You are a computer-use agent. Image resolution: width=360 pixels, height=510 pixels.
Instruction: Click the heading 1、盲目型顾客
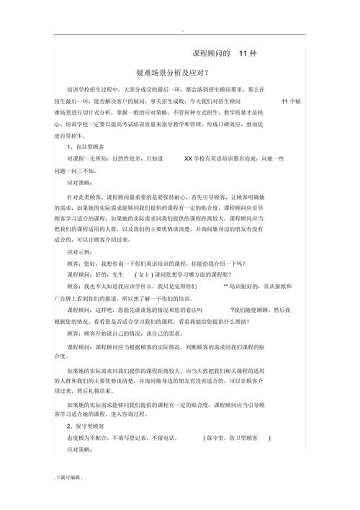pyautogui.click(x=88, y=146)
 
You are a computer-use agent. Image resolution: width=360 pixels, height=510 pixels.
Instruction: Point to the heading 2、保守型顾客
pyautogui.click(x=88, y=426)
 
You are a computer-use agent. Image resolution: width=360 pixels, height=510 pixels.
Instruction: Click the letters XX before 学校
pyautogui.click(x=189, y=158)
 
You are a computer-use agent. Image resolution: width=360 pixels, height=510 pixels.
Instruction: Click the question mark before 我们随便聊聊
pyautogui.click(x=233, y=308)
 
